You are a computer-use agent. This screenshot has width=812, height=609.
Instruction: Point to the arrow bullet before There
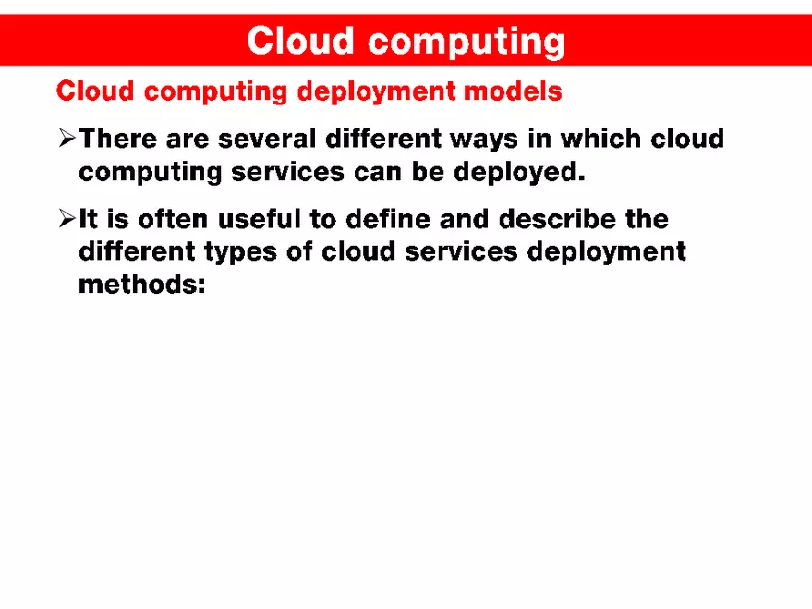(66, 140)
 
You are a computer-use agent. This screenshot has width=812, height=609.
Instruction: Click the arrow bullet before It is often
(66, 220)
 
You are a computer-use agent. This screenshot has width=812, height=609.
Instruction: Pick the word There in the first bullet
(117, 140)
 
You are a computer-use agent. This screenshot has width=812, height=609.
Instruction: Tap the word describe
(564, 220)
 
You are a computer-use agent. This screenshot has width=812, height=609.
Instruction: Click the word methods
(140, 284)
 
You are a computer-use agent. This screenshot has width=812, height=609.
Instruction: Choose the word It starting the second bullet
(89, 220)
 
